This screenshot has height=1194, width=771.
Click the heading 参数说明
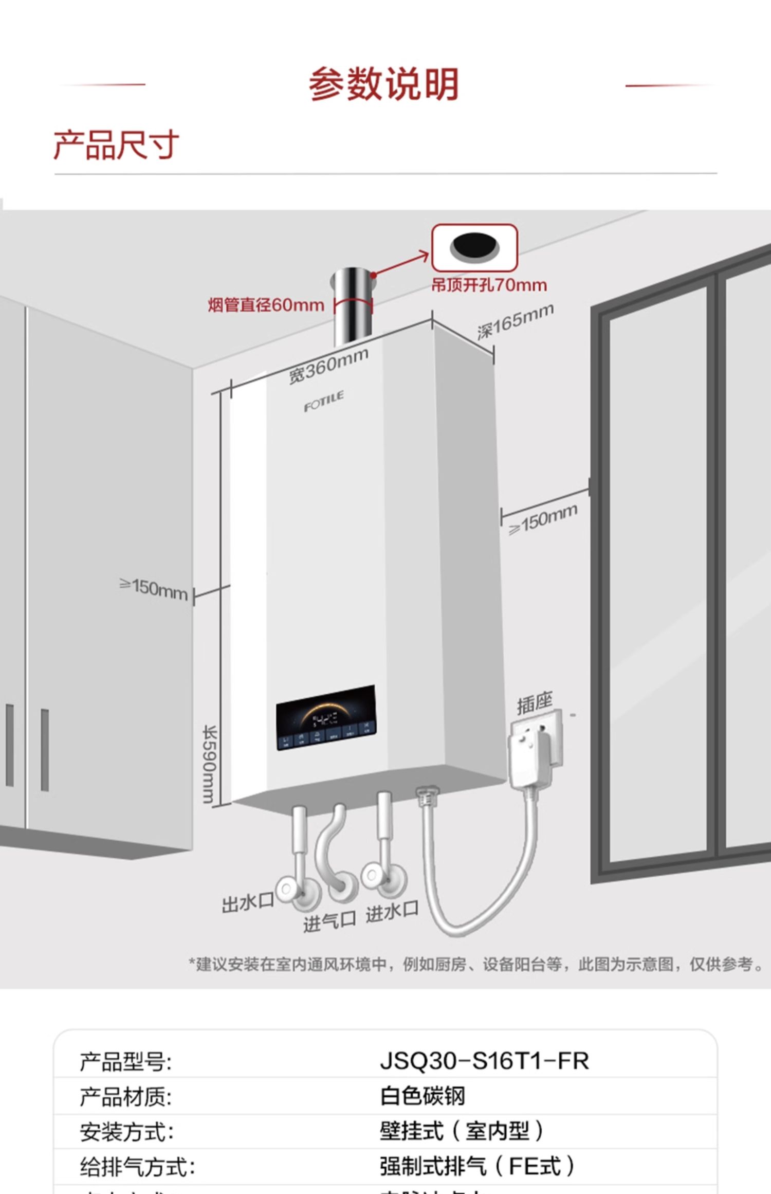[x=383, y=84]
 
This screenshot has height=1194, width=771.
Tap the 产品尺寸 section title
[x=116, y=145]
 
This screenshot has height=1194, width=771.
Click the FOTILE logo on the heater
[x=324, y=402]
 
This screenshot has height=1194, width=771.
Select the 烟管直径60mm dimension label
[x=266, y=305]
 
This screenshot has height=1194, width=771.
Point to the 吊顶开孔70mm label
[x=489, y=285]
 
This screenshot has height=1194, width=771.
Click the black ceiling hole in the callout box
[x=474, y=246]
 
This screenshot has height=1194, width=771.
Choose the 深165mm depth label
[x=515, y=321]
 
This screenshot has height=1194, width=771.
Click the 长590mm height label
[x=210, y=764]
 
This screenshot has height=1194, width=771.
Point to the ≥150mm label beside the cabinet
[x=154, y=589]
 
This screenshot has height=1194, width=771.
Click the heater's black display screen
[x=326, y=717]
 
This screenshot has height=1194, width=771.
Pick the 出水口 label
[x=247, y=903]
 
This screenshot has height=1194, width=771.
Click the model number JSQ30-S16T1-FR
[x=484, y=1061]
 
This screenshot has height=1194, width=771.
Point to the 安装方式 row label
[x=126, y=1132]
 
